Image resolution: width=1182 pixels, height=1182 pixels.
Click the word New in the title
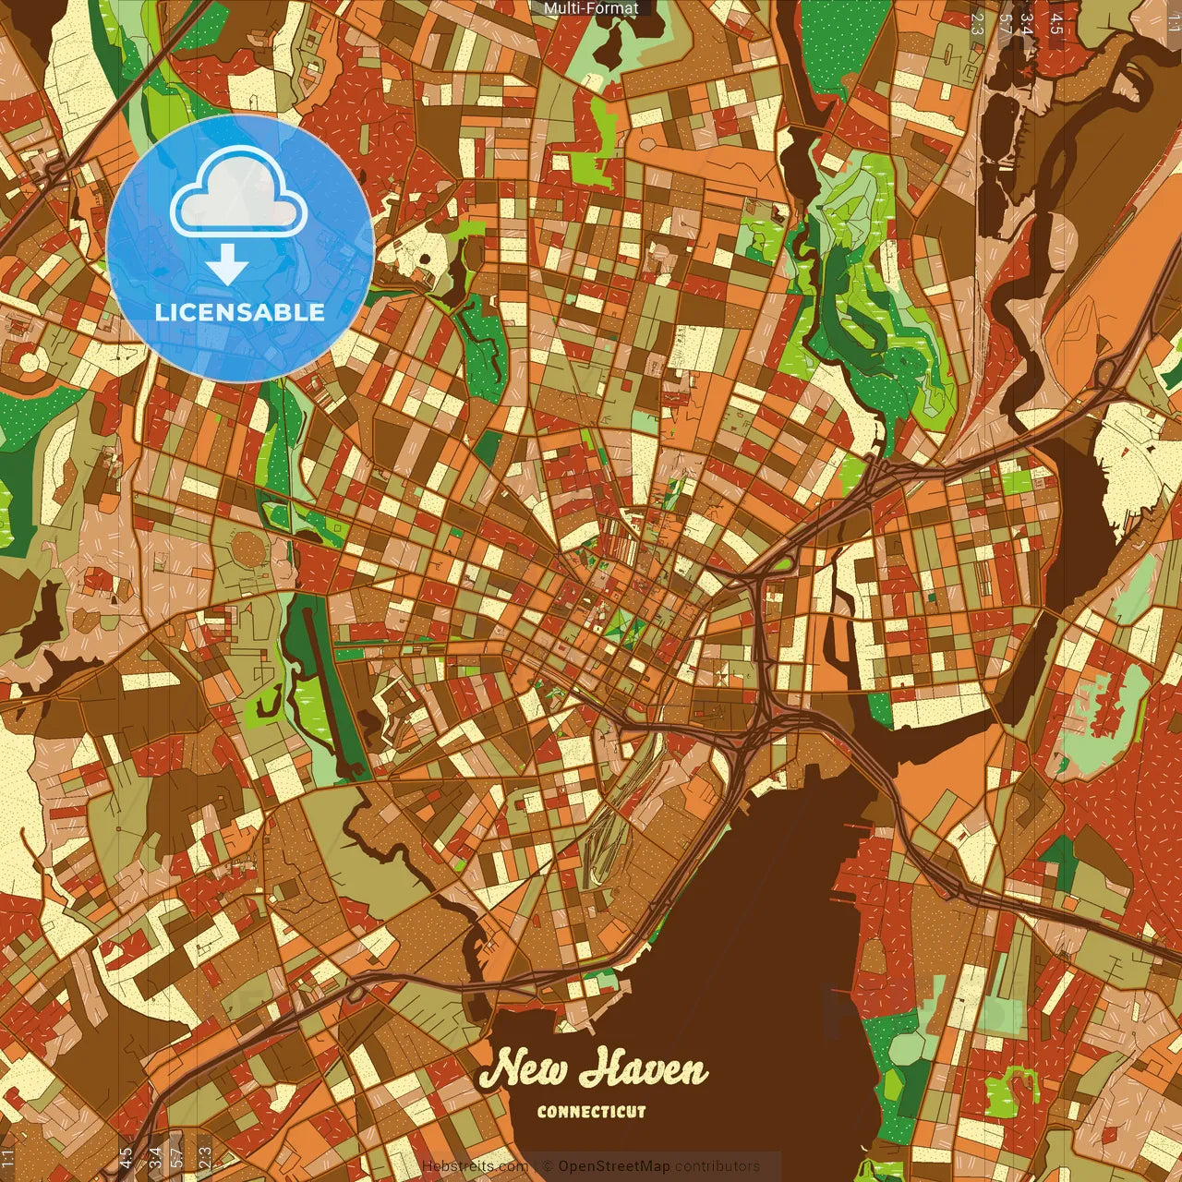coord(525,1069)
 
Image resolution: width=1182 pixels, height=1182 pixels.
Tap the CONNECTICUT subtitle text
coord(591,1112)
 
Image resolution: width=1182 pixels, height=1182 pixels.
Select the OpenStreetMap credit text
coord(614,1166)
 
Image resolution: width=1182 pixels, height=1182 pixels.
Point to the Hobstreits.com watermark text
coord(475,1166)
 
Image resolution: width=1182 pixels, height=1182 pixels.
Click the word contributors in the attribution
coord(717,1166)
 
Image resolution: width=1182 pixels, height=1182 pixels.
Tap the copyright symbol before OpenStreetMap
coord(549,1166)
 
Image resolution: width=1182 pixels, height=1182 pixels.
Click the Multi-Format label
coord(591,8)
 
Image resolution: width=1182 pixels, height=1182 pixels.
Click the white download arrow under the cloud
coord(227,266)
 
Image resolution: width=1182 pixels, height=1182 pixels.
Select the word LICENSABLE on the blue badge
coord(240,312)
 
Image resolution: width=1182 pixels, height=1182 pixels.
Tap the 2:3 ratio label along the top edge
coord(977,24)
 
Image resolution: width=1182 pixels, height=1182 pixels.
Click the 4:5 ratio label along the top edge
coord(1055,24)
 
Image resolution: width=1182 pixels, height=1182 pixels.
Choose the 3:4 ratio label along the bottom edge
coord(155,1156)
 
